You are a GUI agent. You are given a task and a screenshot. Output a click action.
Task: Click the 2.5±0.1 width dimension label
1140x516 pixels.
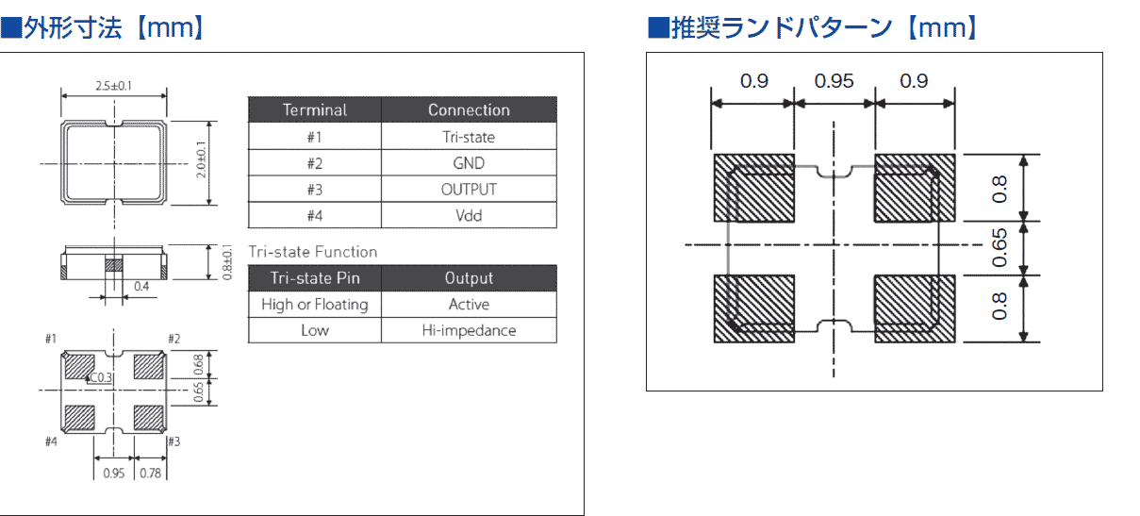113,86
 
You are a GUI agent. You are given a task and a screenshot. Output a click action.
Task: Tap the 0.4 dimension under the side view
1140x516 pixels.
140,286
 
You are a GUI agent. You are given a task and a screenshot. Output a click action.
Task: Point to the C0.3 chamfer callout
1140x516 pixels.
100,377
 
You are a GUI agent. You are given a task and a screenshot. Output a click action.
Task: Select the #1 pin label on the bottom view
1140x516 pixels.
51,339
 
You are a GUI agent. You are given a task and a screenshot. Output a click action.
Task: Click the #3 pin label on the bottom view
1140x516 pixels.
173,441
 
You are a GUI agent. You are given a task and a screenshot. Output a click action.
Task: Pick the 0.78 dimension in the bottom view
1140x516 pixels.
150,473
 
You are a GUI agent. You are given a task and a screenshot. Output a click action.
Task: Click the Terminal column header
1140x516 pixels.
315,110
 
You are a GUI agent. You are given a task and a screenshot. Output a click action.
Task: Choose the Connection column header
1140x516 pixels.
469,110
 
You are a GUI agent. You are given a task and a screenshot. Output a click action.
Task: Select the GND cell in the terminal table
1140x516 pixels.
469,163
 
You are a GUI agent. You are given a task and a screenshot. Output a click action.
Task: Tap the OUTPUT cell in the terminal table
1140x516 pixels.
469,190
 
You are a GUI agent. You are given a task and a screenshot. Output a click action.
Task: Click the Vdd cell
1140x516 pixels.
469,216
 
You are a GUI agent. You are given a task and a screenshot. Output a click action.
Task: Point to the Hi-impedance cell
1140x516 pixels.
469,331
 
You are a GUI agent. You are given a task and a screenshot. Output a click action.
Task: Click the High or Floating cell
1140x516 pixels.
315,305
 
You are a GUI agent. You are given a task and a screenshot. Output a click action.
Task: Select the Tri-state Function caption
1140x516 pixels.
312,252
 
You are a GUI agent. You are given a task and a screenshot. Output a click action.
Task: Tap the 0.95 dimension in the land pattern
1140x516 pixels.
834,81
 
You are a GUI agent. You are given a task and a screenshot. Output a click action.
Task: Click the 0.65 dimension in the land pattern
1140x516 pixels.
1000,247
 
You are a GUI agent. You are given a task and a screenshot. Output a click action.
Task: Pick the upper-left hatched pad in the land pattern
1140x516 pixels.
753,188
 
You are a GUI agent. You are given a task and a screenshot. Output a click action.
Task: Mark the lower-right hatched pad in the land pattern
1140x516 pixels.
915,308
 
